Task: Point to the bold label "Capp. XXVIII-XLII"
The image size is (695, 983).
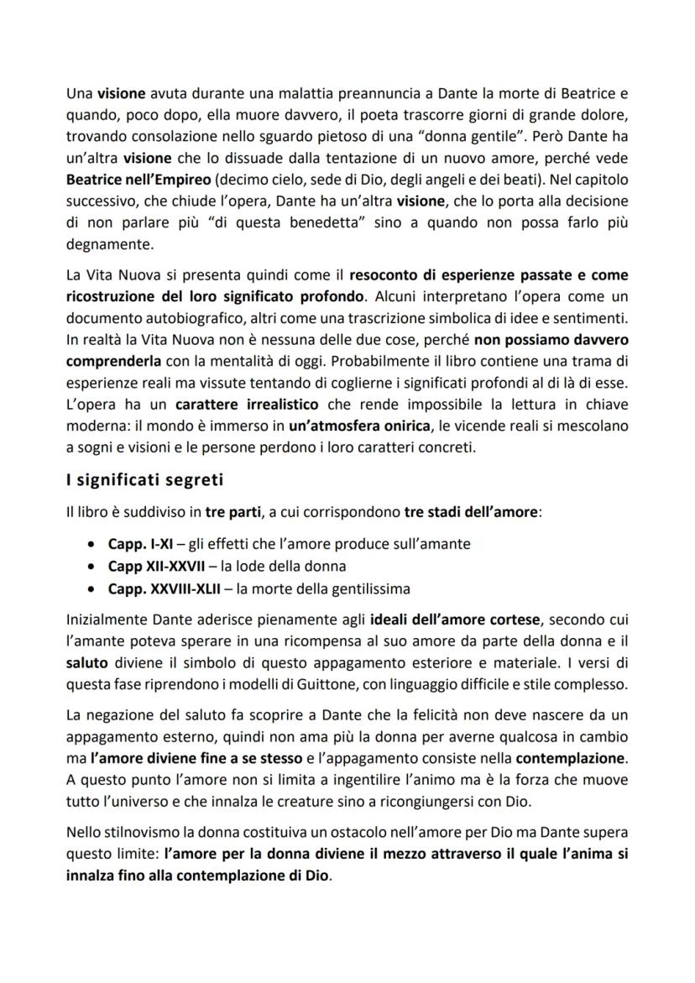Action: point(162,588)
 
